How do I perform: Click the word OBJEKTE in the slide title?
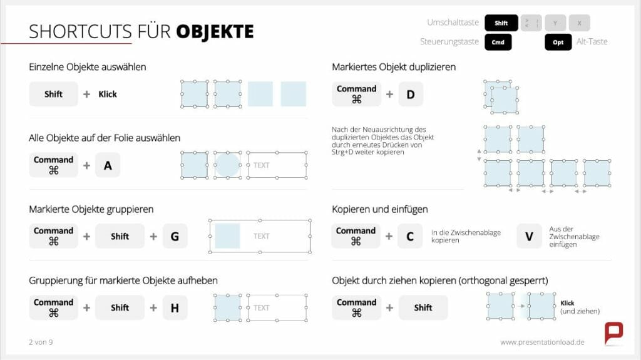pos(215,31)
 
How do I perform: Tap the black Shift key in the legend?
pos(501,23)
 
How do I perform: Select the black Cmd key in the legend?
pos(498,43)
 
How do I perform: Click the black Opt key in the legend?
pos(558,43)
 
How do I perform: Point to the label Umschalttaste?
pos(453,23)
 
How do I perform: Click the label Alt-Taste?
pos(592,42)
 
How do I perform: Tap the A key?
pos(108,165)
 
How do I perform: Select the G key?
pos(175,236)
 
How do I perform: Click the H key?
pos(175,307)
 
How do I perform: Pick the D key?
pos(411,95)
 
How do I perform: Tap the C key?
pos(410,236)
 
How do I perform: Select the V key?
pos(529,236)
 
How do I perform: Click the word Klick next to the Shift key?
pos(108,95)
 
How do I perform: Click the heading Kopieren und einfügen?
pos(379,209)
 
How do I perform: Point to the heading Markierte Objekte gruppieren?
pos(91,209)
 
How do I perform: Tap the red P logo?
pos(613,332)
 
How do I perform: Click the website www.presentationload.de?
pos(542,342)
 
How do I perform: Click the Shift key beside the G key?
pos(120,236)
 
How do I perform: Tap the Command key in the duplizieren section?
pos(356,95)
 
